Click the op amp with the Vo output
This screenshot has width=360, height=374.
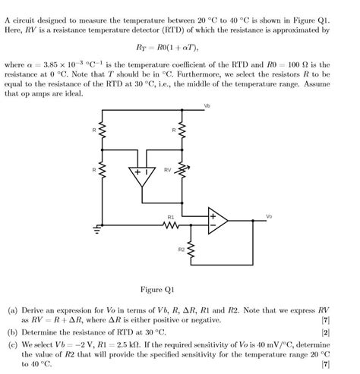point(221,221)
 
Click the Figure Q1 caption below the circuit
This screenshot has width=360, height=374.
point(157,289)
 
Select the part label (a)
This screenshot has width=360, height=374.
point(12,311)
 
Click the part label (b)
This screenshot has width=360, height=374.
point(12,332)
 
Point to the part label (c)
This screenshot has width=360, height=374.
point(12,343)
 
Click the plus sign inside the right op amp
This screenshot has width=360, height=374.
point(213,215)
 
